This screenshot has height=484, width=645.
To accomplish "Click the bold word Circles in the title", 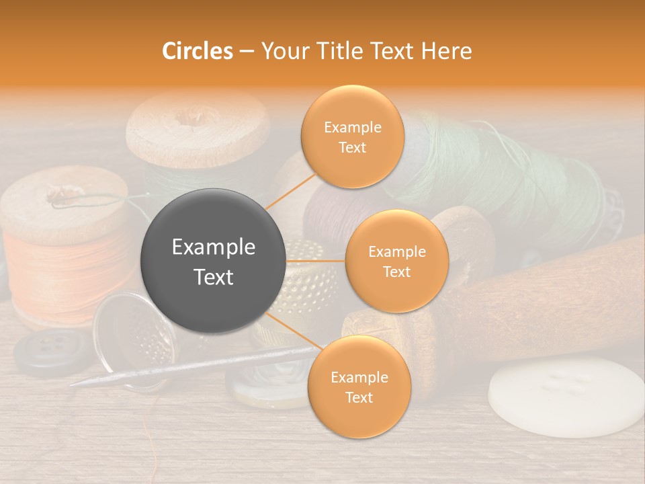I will (x=198, y=51).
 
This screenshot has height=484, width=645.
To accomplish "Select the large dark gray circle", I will (x=214, y=261).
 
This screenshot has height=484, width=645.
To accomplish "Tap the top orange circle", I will (x=352, y=136).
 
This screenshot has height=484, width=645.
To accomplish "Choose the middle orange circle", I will (x=396, y=261).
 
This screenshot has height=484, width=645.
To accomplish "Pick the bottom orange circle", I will (x=359, y=387).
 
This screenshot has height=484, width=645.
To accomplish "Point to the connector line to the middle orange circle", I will (x=316, y=261).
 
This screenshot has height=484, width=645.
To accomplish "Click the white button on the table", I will (x=566, y=397).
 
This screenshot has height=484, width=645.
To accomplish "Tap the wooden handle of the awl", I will (x=537, y=296).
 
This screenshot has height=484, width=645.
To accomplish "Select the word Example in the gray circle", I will (x=214, y=247).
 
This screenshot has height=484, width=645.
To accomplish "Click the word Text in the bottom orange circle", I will (x=359, y=397).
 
